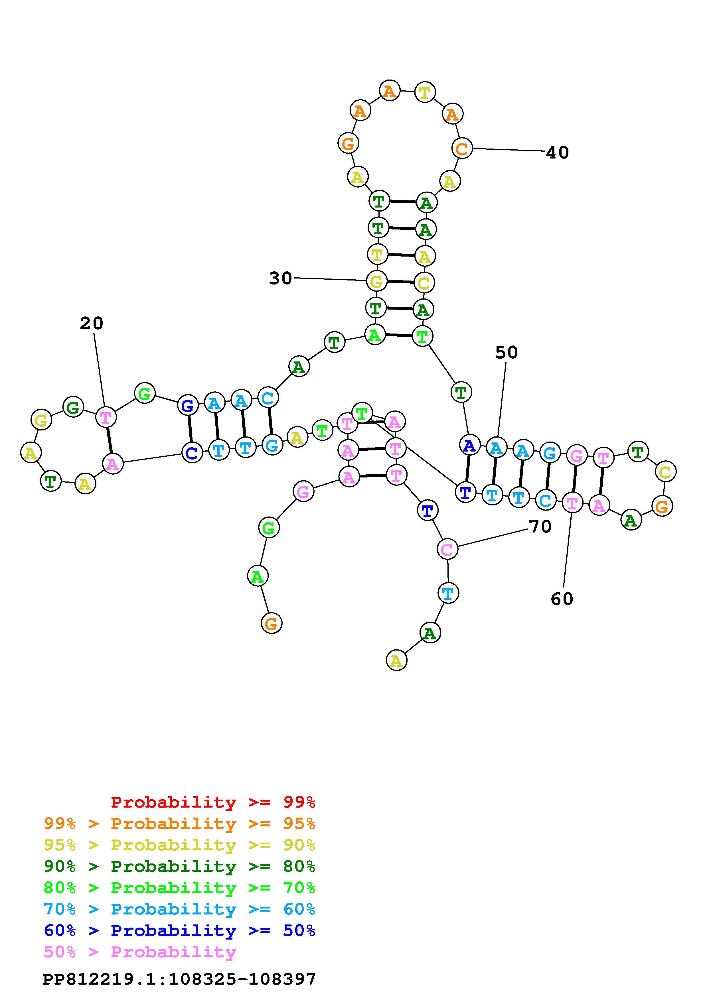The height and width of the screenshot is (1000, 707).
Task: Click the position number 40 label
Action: tap(557, 153)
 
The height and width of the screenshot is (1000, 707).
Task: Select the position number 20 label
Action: tap(92, 324)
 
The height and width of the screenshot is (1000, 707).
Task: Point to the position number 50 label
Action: tap(506, 352)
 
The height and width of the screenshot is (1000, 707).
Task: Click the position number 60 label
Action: tap(562, 599)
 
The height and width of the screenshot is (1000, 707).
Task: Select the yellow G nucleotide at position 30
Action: tap(376, 281)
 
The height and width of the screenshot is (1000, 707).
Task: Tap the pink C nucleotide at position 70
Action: tap(447, 550)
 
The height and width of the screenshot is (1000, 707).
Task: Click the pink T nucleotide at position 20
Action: tap(106, 417)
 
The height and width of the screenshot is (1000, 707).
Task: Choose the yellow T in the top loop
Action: tap(425, 92)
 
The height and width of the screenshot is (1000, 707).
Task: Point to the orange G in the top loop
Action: tap(348, 143)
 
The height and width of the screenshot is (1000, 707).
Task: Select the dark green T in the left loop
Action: tap(51, 481)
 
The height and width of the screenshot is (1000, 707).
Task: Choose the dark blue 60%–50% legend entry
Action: tap(179, 930)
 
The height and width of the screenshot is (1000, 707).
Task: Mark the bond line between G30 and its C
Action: tap(400, 282)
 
